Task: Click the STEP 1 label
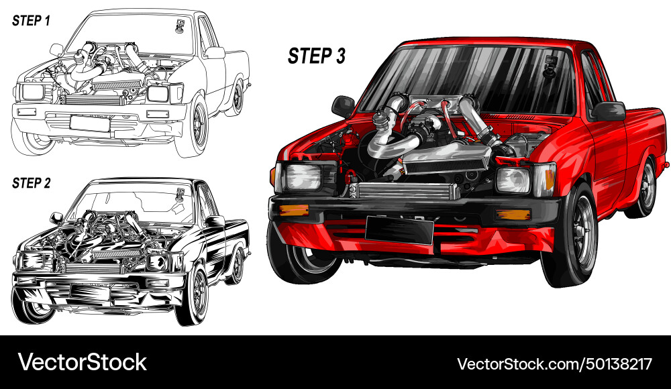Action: (31, 21)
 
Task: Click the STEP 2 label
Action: (31, 182)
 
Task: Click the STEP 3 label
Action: (317, 56)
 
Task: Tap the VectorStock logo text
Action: (82, 363)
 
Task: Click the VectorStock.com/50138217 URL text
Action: (554, 364)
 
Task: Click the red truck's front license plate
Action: (399, 231)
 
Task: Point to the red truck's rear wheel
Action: (645, 188)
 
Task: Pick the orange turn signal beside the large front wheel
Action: (513, 215)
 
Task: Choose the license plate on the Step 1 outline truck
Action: (90, 123)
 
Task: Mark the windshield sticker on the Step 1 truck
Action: (180, 26)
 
